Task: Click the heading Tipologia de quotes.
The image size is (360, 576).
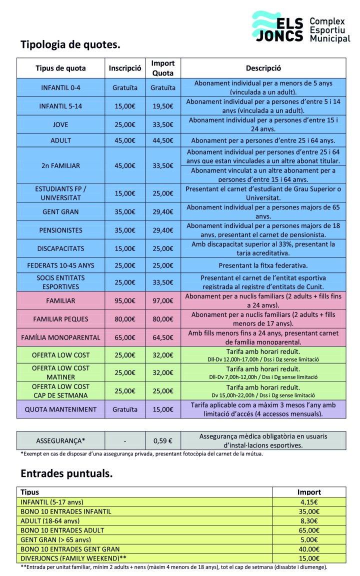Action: tap(70, 44)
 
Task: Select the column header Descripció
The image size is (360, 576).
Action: tap(263, 68)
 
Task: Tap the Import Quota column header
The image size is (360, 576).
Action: tap(162, 68)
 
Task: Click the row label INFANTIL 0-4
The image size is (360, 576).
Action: tap(60, 87)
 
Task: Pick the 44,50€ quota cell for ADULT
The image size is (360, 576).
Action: tap(162, 140)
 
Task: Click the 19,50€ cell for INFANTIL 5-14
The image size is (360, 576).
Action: tap(162, 106)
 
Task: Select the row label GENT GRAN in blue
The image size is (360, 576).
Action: tap(60, 211)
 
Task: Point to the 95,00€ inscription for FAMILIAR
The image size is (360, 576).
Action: tap(125, 301)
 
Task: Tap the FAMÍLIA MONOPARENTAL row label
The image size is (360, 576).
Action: tap(60, 337)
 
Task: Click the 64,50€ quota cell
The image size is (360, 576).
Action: tap(162, 337)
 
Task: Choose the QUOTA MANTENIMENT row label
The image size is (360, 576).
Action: tap(60, 409)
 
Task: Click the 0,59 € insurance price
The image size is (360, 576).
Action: tap(162, 440)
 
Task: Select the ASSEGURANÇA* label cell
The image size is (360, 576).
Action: tap(60, 440)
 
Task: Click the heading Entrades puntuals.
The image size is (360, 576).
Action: tap(66, 473)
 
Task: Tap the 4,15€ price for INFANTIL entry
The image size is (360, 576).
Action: tap(309, 501)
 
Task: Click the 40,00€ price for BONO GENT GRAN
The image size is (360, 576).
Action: tap(309, 549)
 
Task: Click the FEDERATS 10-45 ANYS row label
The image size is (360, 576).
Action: tap(60, 265)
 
